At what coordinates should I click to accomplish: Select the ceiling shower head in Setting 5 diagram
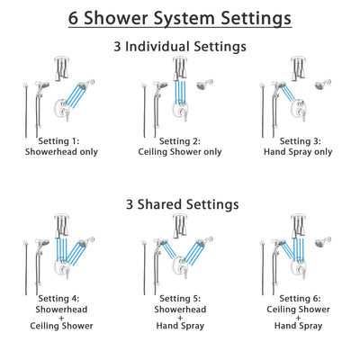pos(180,225)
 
